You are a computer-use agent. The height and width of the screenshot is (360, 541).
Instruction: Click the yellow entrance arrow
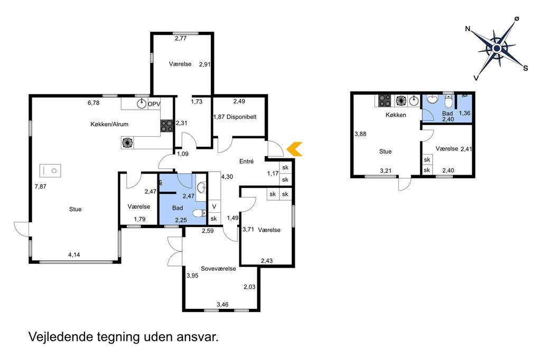pyautogui.click(x=294, y=149)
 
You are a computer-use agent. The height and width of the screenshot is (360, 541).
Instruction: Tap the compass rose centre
pyautogui.click(x=497, y=48)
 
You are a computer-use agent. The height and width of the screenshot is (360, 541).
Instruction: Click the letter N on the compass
pyautogui.click(x=468, y=29)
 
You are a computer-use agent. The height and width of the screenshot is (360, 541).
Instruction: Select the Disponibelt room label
pyautogui.click(x=241, y=117)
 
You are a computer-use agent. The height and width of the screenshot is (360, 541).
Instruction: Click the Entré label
pyautogui.click(x=246, y=161)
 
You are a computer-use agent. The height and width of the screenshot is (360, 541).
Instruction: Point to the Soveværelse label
pyautogui.click(x=218, y=269)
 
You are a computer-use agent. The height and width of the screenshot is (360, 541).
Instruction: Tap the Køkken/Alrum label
pyautogui.click(x=109, y=124)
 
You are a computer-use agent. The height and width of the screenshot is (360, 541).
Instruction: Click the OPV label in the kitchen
pyautogui.click(x=154, y=104)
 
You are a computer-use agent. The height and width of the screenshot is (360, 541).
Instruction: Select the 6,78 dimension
pyautogui.click(x=94, y=103)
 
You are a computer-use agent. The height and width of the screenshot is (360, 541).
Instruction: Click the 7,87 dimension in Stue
pyautogui.click(x=40, y=186)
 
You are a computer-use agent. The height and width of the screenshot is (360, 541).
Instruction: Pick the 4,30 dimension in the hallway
pyautogui.click(x=227, y=177)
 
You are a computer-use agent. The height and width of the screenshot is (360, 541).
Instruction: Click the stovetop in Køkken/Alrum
pyautogui.click(x=166, y=126)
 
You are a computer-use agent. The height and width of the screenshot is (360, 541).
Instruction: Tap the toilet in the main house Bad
pyautogui.click(x=199, y=214)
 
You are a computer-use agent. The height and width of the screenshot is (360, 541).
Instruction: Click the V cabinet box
pyautogui.click(x=214, y=206)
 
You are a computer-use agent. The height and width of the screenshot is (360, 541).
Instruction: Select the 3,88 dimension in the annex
pyautogui.click(x=360, y=134)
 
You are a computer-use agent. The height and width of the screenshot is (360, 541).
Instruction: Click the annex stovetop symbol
pyautogui.click(x=385, y=101)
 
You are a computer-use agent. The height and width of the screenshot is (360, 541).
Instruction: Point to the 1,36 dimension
pyautogui.click(x=464, y=113)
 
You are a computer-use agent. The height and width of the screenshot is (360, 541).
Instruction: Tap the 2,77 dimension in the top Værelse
pyautogui.click(x=181, y=39)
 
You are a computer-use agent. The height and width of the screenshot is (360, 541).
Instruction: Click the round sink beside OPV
pyautogui.click(x=142, y=103)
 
